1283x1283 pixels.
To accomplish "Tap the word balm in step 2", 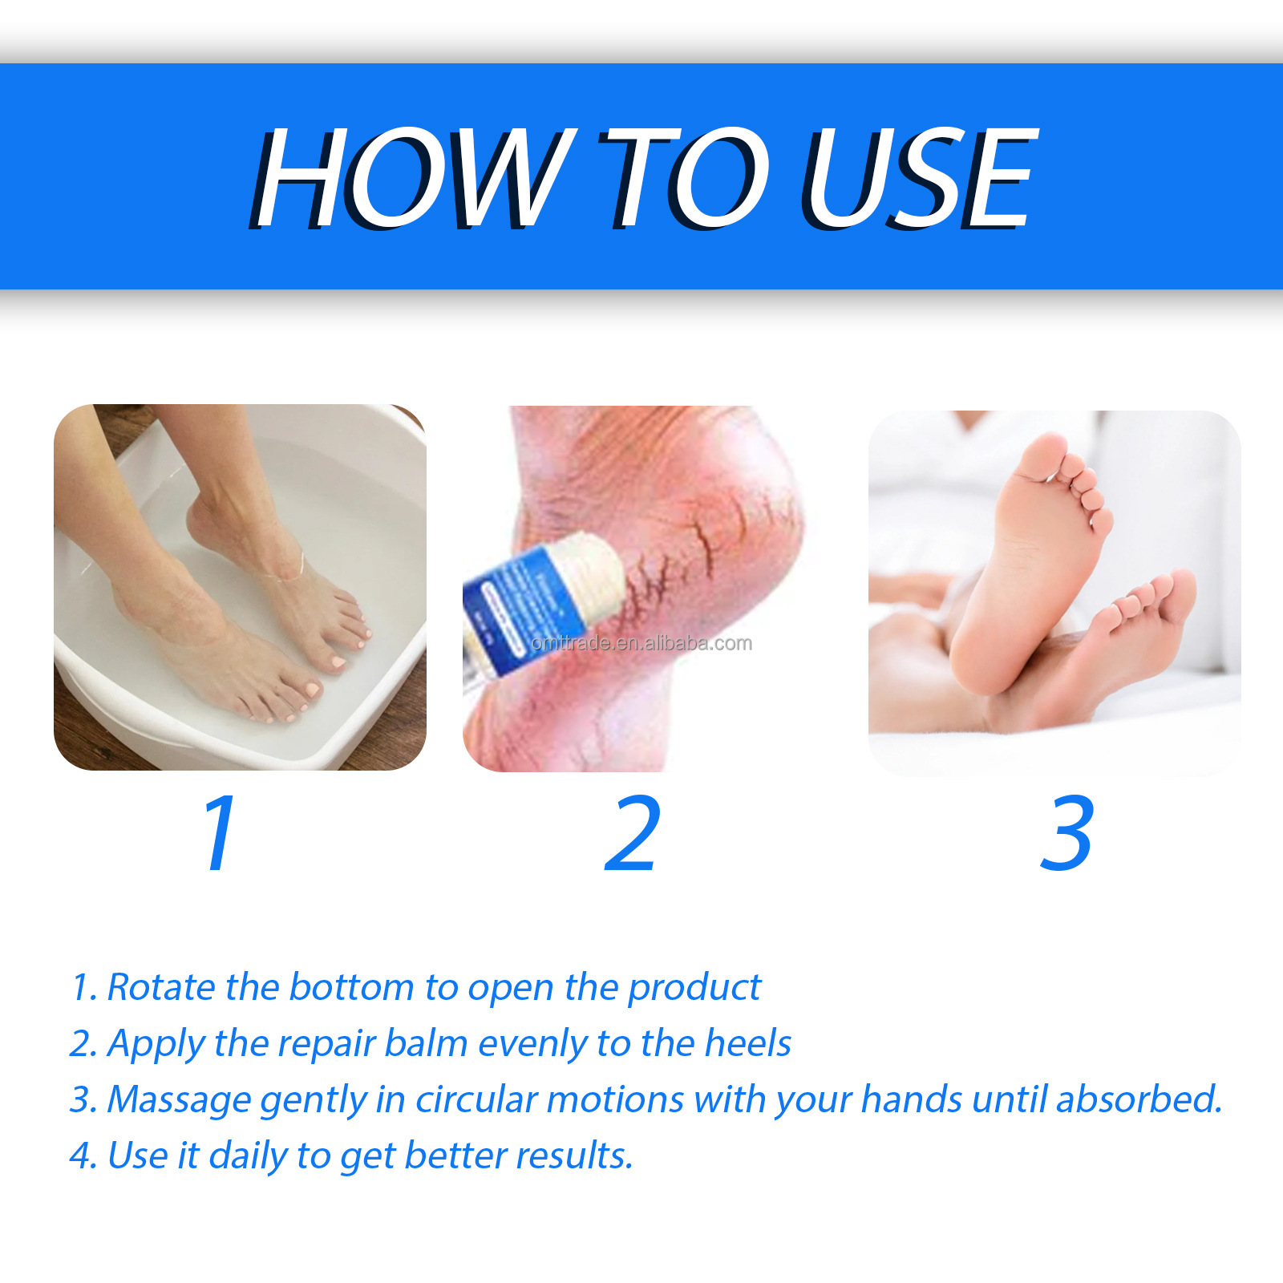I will tap(426, 1043).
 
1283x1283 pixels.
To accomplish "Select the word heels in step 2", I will tap(747, 1043).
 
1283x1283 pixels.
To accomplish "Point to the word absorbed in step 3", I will tap(1138, 1099).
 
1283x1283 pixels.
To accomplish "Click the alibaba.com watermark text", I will tap(641, 643).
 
